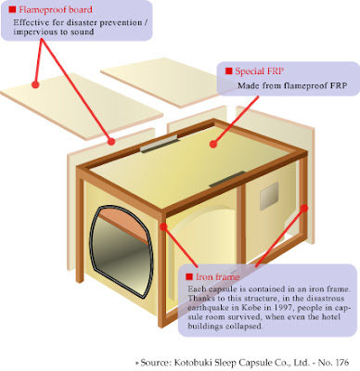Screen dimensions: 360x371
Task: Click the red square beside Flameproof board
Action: [x=12, y=9]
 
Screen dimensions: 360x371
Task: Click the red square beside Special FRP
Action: [x=229, y=71]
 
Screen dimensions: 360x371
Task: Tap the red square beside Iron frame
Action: [x=189, y=276]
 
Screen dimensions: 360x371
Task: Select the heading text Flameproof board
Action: [x=56, y=9]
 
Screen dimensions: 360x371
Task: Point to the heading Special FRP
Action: [x=259, y=71]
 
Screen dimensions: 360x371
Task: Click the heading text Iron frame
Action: [x=218, y=276]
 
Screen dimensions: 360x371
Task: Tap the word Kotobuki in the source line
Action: [x=192, y=362]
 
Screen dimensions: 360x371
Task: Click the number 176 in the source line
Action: [x=341, y=362]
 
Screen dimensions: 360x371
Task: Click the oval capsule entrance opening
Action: [x=121, y=252]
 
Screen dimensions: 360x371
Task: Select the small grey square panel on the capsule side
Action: [x=269, y=196]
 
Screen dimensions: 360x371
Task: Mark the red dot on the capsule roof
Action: [x=213, y=144]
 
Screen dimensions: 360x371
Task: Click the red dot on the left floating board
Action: [x=35, y=84]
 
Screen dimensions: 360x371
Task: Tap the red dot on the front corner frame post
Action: [x=163, y=227]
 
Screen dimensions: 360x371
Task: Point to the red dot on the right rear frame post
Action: [x=304, y=208]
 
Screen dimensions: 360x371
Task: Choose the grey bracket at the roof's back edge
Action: [x=160, y=145]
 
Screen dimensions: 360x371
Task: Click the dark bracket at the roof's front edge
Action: [x=227, y=180]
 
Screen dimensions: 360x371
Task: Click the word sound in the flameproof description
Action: [x=82, y=32]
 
